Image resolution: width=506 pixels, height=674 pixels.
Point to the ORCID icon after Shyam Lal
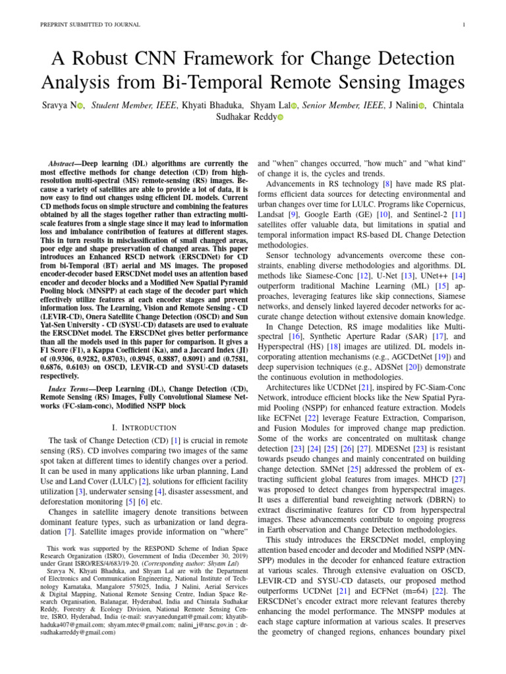295,105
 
